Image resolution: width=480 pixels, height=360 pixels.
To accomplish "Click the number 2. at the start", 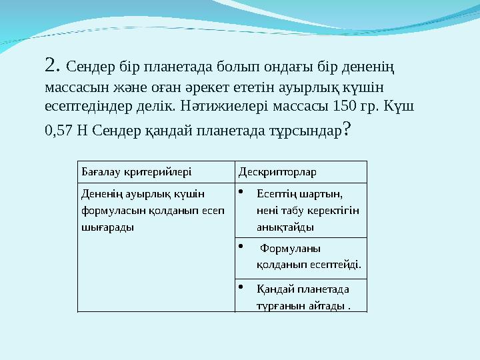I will click(53, 65).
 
